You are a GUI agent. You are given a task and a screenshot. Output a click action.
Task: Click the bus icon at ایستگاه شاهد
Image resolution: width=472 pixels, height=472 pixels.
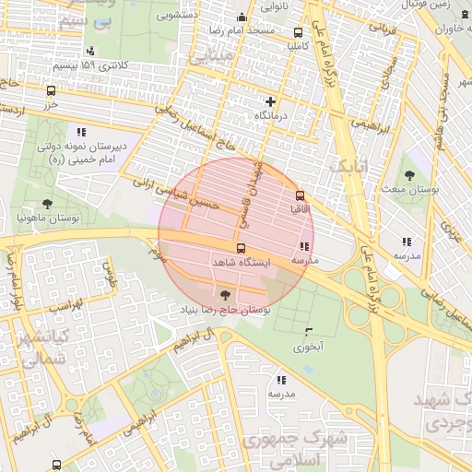[x=242, y=249]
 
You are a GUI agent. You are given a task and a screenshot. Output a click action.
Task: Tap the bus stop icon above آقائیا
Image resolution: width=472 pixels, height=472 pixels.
[x=300, y=195]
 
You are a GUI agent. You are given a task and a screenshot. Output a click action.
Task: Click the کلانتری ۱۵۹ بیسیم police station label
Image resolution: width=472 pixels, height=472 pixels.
[x=89, y=65]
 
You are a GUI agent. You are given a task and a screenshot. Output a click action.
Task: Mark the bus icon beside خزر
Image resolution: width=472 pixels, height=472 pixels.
[x=51, y=90]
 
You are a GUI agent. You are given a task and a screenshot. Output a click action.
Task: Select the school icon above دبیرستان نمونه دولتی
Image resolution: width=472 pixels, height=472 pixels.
[x=81, y=131]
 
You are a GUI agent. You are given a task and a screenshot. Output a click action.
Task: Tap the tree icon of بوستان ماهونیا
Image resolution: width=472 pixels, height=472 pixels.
[x=47, y=203]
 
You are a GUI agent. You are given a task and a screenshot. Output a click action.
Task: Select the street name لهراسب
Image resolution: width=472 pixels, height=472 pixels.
[x=64, y=304]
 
